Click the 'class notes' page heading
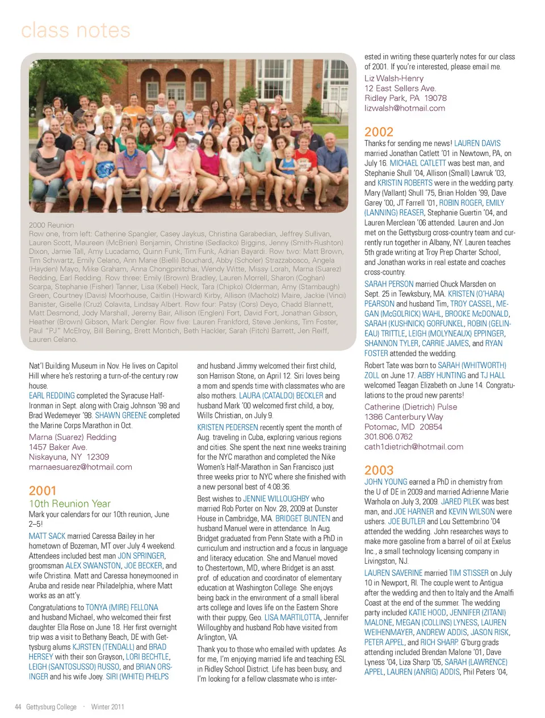[x=76, y=31]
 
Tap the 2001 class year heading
[x=43, y=491]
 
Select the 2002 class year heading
[x=379, y=132]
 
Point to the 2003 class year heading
[x=379, y=470]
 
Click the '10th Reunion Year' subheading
[x=70, y=504]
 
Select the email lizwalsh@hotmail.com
[x=405, y=108]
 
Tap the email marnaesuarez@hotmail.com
[x=81, y=467]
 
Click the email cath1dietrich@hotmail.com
[x=414, y=446]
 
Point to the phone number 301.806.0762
[x=388, y=437]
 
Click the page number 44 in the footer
[x=18, y=707]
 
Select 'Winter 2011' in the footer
[x=107, y=707]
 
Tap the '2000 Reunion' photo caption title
[x=51, y=225]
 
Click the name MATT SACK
[x=47, y=536]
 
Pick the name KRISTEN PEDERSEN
[x=228, y=427]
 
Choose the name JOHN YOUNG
[x=386, y=482]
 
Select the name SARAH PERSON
[x=389, y=284]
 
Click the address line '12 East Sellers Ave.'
[x=400, y=88]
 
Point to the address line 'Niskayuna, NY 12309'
[x=69, y=457]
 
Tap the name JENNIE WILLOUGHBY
[x=276, y=499]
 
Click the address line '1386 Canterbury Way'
[x=404, y=417]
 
